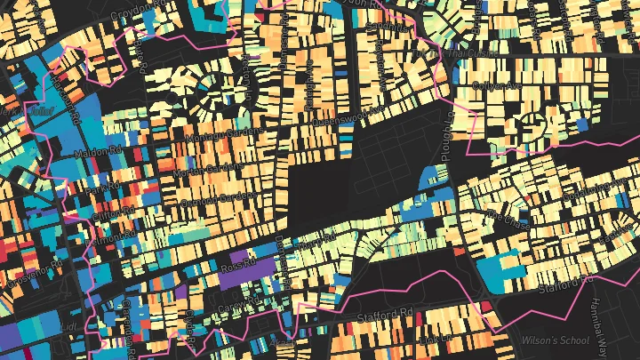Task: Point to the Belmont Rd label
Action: [x=110, y=237]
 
